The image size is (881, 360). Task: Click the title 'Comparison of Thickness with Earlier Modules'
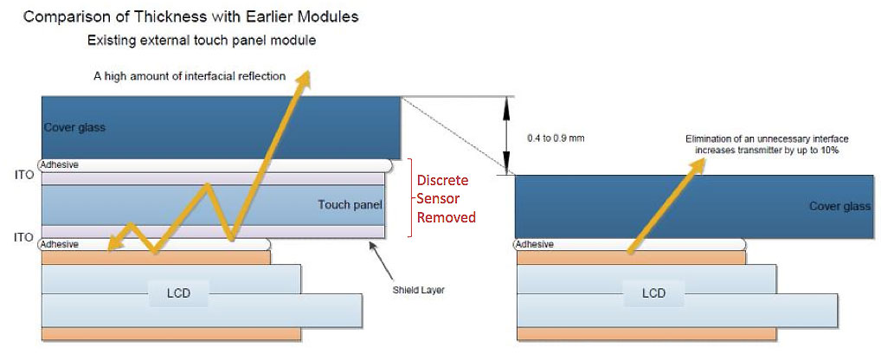(190, 16)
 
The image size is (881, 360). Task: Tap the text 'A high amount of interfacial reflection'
(190, 76)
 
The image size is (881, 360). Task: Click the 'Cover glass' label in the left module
(74, 127)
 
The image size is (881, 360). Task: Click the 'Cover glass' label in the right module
(840, 206)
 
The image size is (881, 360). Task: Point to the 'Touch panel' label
(350, 204)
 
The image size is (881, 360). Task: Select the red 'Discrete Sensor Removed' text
(446, 199)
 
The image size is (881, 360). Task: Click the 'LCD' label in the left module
(178, 293)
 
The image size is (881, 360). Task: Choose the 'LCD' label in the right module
(653, 293)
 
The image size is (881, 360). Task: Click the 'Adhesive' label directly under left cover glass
(60, 165)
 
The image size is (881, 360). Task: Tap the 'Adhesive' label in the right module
(535, 244)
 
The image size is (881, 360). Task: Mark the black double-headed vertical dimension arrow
(507, 135)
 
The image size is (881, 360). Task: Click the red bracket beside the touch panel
(410, 197)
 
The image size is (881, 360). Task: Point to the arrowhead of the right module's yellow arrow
(699, 165)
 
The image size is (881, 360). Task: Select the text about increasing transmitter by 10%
(767, 145)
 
